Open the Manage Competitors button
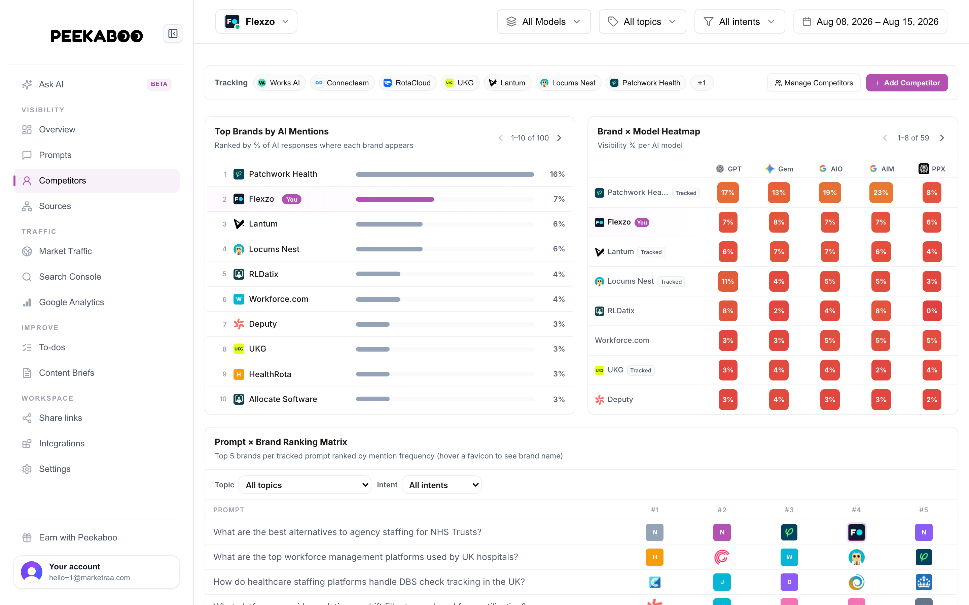tap(814, 83)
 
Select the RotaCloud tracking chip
tap(408, 83)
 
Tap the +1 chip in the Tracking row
tap(702, 83)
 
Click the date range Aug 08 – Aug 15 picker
tap(870, 22)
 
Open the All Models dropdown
tap(544, 22)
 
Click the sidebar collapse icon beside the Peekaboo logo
tap(173, 34)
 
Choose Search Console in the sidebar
tap(70, 277)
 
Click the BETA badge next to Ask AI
tap(159, 84)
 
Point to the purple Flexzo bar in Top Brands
tap(395, 199)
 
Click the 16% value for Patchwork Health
tap(557, 174)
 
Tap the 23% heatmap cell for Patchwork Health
tap(881, 193)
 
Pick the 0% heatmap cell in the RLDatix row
tap(932, 311)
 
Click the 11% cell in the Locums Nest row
tap(727, 281)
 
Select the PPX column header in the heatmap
tap(932, 169)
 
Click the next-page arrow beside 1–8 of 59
tap(942, 138)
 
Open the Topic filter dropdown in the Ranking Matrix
tap(305, 485)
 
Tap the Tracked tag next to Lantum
tap(651, 252)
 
